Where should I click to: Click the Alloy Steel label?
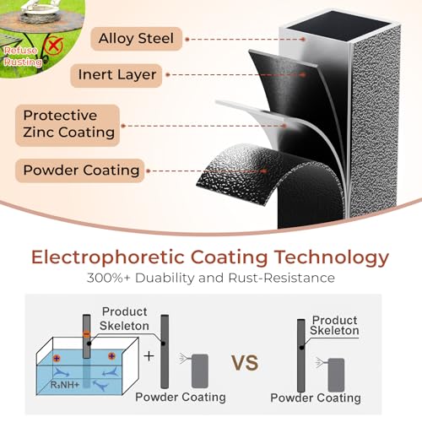[136, 39]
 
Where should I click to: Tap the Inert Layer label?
[116, 75]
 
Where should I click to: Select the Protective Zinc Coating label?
[68, 125]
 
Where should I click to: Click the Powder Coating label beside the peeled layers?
[80, 170]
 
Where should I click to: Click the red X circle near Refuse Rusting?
[53, 44]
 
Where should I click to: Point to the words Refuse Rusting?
[22, 56]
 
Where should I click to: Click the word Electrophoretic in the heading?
[107, 257]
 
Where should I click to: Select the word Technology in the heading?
[332, 257]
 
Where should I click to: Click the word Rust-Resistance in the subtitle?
[282, 278]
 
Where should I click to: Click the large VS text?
[245, 363]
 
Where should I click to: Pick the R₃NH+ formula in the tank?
[65, 384]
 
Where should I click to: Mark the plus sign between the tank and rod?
[149, 356]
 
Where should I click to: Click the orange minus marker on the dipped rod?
[87, 334]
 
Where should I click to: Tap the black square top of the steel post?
[338, 25]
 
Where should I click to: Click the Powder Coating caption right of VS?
[316, 398]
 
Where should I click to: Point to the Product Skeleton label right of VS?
[334, 325]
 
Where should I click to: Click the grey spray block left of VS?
[200, 371]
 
